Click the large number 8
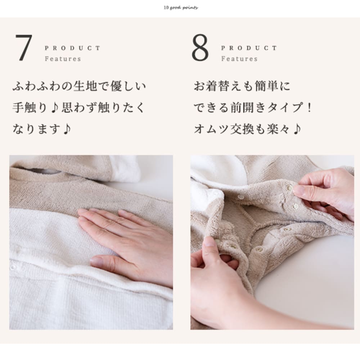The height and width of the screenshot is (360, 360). (x=200, y=48)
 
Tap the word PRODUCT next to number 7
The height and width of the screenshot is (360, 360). (x=73, y=48)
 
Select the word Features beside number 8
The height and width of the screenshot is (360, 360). (x=239, y=59)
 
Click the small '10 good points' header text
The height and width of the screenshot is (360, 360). (x=180, y=7)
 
